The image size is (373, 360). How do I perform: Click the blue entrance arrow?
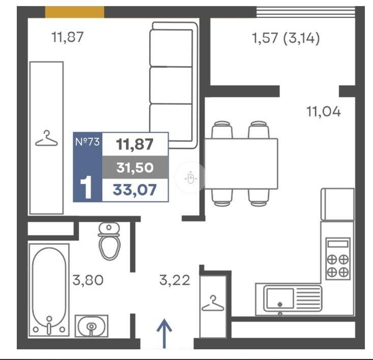click(x=164, y=334)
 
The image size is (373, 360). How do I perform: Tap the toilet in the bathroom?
click(x=109, y=241)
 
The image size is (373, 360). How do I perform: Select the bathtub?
click(x=49, y=290)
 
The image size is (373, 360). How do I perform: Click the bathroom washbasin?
click(x=92, y=326)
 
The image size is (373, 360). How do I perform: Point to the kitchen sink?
click(x=293, y=298)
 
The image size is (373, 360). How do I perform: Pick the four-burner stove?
click(x=338, y=258)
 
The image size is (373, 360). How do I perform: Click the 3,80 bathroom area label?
click(x=88, y=280)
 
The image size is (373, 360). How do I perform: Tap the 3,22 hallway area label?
click(x=175, y=280)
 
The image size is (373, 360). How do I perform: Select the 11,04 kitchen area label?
click(x=324, y=111)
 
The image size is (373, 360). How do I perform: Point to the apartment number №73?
click(x=88, y=142)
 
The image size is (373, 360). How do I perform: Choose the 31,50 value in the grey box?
click(x=135, y=167)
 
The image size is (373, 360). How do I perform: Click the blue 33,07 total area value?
click(x=135, y=190)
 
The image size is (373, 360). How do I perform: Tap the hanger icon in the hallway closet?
click(x=213, y=304)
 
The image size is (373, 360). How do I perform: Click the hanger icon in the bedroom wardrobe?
click(x=46, y=138)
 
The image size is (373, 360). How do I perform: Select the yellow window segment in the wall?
click(x=74, y=12)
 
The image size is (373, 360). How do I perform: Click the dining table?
click(x=241, y=164)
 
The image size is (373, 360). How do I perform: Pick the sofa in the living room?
click(x=174, y=85)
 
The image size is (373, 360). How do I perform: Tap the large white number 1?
click(x=86, y=187)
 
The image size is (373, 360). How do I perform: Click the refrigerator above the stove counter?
click(x=337, y=204)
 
